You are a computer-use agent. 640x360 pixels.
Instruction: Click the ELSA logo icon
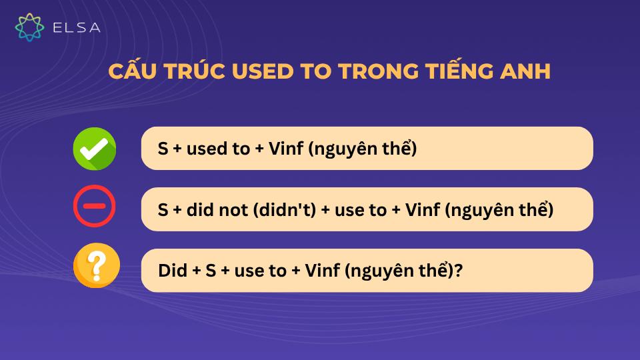point(29,27)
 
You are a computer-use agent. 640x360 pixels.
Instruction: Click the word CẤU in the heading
point(133,71)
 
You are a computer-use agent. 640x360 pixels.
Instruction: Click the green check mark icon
point(94,149)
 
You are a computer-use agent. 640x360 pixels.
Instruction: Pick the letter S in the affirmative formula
point(163,149)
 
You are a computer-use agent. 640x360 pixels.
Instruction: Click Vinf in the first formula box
point(287,149)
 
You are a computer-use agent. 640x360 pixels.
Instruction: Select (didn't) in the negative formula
point(279,210)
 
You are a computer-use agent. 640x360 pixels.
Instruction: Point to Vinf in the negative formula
point(423,210)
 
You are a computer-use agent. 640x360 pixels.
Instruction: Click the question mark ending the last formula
point(459,271)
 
